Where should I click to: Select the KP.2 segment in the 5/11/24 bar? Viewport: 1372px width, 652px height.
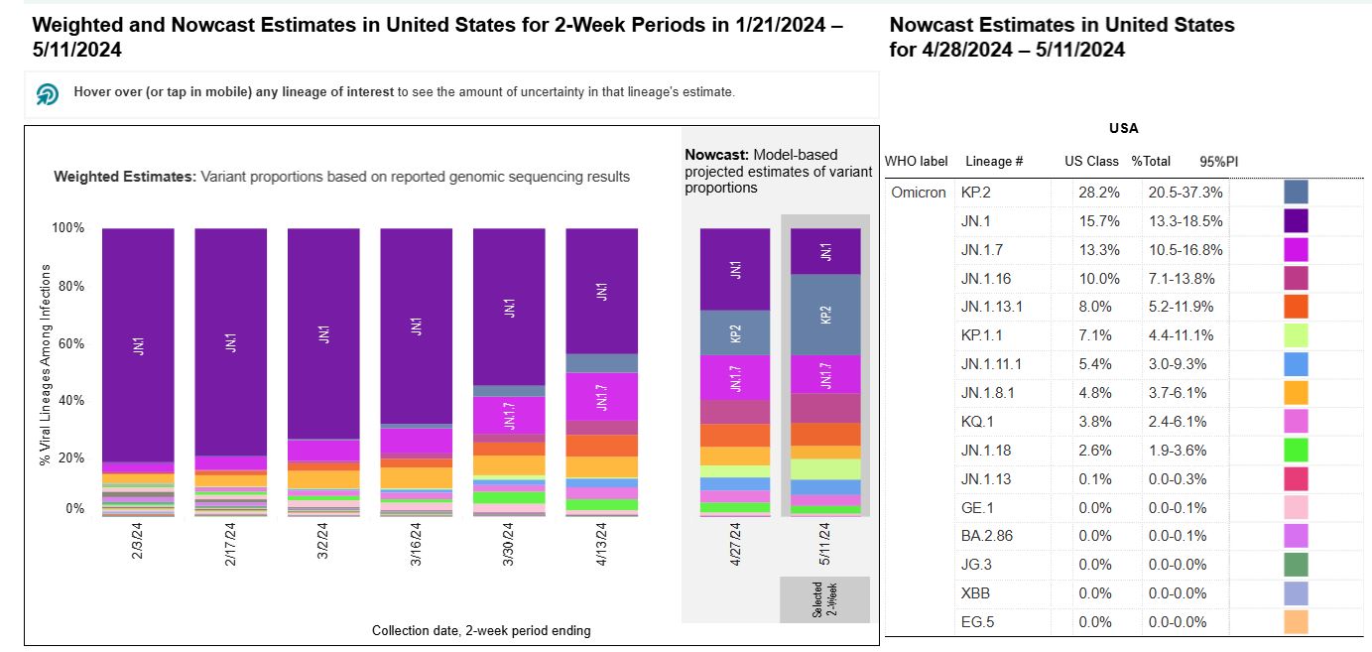[826, 314]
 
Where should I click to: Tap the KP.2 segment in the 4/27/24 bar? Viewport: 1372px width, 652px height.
[735, 332]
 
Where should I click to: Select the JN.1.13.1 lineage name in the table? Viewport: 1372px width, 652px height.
[992, 307]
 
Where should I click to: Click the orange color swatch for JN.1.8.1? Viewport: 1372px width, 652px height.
[1295, 393]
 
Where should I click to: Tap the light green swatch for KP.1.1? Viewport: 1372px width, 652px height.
[1295, 335]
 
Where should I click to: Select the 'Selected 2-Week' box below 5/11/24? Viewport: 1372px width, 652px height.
[824, 599]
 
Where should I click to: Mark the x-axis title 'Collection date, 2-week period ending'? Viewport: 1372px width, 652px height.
[481, 631]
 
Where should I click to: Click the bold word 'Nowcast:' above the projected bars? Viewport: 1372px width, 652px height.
[717, 155]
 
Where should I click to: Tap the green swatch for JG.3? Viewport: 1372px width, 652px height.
[1295, 565]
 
